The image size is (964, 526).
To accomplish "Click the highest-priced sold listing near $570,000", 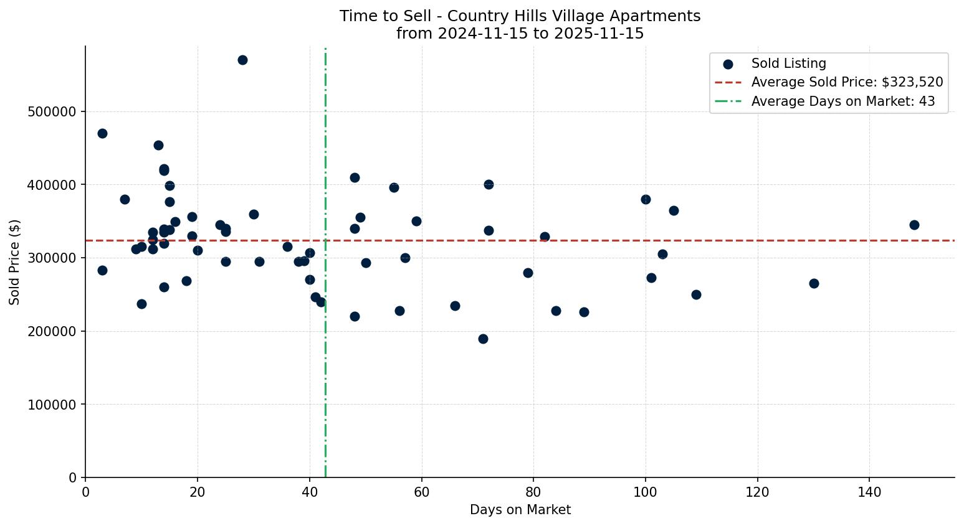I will point(242,60).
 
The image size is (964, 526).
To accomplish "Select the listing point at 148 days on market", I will point(914,225).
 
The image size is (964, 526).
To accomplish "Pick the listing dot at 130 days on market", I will point(814,283).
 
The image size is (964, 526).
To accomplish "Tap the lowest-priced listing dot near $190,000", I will point(483,339).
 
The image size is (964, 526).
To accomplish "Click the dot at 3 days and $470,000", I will point(102,133).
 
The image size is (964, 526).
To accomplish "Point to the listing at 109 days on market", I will point(696,294).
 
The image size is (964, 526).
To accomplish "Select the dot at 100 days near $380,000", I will point(646,199).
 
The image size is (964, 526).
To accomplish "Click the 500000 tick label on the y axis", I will point(53,112).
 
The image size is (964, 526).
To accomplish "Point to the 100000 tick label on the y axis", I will point(53,405).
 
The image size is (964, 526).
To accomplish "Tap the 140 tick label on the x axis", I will point(869,492).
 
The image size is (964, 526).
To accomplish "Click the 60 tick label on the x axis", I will point(421,492).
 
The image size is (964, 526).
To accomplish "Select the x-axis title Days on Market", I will point(520,510).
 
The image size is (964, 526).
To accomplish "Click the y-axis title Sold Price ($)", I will point(15,262).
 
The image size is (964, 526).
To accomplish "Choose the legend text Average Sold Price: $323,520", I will point(847,82).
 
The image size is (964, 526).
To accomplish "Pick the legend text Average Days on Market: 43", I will point(842,101).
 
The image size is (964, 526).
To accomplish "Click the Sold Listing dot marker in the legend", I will point(728,64).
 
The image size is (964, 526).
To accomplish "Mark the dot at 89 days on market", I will point(584,312).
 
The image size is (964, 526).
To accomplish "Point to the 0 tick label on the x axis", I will point(85,492).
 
